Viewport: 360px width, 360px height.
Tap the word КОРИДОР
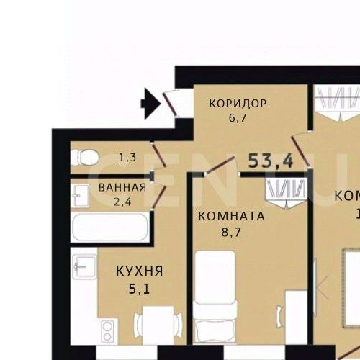(x=238, y=103)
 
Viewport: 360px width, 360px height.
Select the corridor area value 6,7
(x=238, y=117)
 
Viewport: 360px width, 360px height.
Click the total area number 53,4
(x=270, y=161)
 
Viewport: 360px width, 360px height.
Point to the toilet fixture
(x=86, y=156)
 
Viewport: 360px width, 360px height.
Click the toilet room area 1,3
(x=127, y=156)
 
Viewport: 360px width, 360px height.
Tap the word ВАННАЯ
(x=122, y=188)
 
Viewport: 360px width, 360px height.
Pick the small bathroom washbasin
(x=80, y=192)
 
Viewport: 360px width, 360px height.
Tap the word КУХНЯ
(x=140, y=271)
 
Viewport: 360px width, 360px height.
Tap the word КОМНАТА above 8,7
(x=231, y=215)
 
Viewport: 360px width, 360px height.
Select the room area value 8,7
(x=231, y=233)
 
